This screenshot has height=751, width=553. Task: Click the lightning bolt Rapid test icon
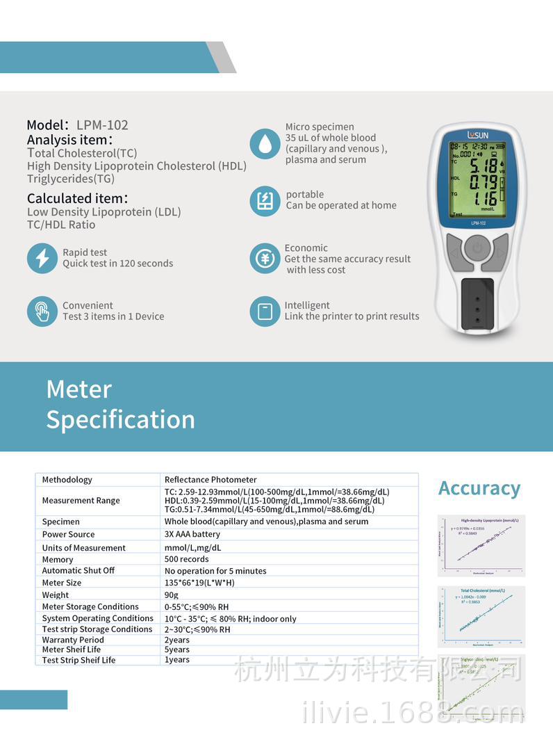tap(42, 258)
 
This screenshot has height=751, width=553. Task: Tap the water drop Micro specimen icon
tap(265, 144)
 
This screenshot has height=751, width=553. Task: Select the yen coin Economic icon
tap(265, 259)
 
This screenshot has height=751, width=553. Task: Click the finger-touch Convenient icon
tap(42, 311)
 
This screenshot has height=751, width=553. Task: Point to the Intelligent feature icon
tap(265, 311)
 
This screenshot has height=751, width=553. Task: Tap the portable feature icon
tap(265, 200)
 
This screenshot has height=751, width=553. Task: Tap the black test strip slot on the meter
tap(477, 303)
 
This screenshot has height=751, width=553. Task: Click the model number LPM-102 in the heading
tap(102, 125)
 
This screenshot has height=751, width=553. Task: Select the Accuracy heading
tap(479, 488)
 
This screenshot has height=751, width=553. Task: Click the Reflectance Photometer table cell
tap(211, 480)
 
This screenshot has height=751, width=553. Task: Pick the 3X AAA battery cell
tap(192, 534)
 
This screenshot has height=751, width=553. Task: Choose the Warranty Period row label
tap(73, 640)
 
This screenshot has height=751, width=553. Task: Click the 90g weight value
tap(172, 595)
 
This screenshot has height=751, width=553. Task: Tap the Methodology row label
tap(67, 480)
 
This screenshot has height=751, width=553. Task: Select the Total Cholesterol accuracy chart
tap(482, 616)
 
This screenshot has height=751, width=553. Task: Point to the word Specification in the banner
tap(120, 419)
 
